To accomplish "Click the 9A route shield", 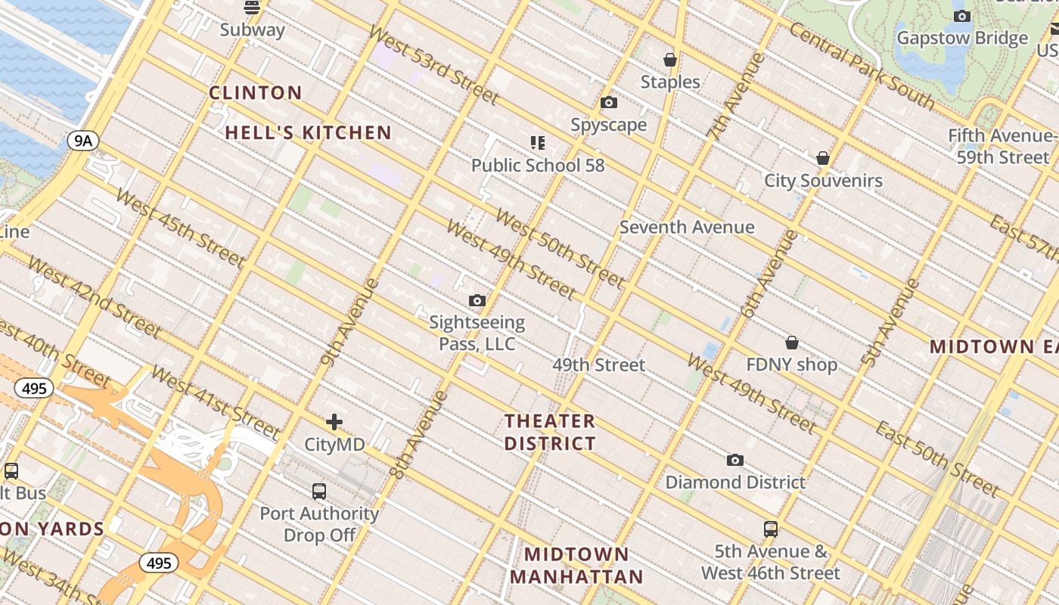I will coord(83,140).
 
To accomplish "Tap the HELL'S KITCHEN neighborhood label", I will coord(309,133).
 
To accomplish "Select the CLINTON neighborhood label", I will coord(256,93).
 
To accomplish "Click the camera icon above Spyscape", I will coord(609,103).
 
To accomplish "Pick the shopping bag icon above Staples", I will coord(669,60).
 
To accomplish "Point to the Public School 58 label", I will coord(538,165).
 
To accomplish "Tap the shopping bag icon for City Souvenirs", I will coord(823,158).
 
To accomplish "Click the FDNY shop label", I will coord(791,365).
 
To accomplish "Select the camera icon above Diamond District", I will coord(734,460).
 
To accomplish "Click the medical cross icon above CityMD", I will coord(334,422).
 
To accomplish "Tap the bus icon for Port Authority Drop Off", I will coord(319,492).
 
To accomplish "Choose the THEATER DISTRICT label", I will coord(550,432).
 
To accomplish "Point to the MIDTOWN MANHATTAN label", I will coord(576,566).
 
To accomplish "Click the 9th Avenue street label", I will coord(348,322).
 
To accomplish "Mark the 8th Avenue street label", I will coord(419,435).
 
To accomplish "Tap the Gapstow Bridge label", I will coord(962,38).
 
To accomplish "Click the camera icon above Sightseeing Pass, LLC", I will coord(477,301).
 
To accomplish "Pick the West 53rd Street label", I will coord(433,65).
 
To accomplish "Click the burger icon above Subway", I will coord(252,8).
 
